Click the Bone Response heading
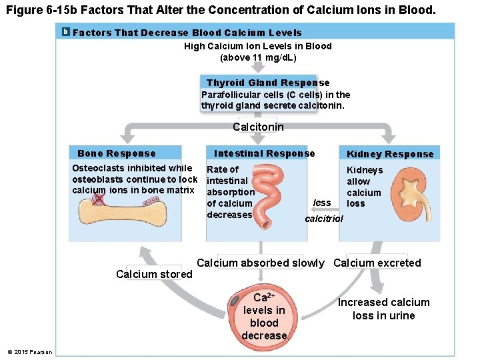coord(117,154)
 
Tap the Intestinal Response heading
coord(265,153)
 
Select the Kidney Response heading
coord(390,154)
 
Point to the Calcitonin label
coord(258,127)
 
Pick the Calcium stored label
coord(154,274)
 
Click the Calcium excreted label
coord(377,263)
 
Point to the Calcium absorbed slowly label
coord(261,263)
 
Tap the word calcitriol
coord(324,219)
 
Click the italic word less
coord(322,203)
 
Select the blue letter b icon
coord(65,32)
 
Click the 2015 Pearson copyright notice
coord(29,351)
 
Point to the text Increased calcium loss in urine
coord(384,309)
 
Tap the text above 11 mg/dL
coord(258,57)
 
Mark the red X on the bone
coord(99,199)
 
